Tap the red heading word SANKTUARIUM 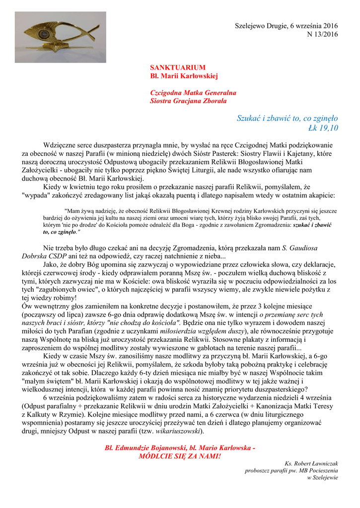point(171,67)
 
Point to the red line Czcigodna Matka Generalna point(186,93)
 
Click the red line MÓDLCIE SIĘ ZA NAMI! point(180,455)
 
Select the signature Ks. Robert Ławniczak point(311,463)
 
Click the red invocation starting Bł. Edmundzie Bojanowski point(180,447)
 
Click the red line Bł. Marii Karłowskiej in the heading point(184,76)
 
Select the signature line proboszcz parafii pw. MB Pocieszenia point(291,471)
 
